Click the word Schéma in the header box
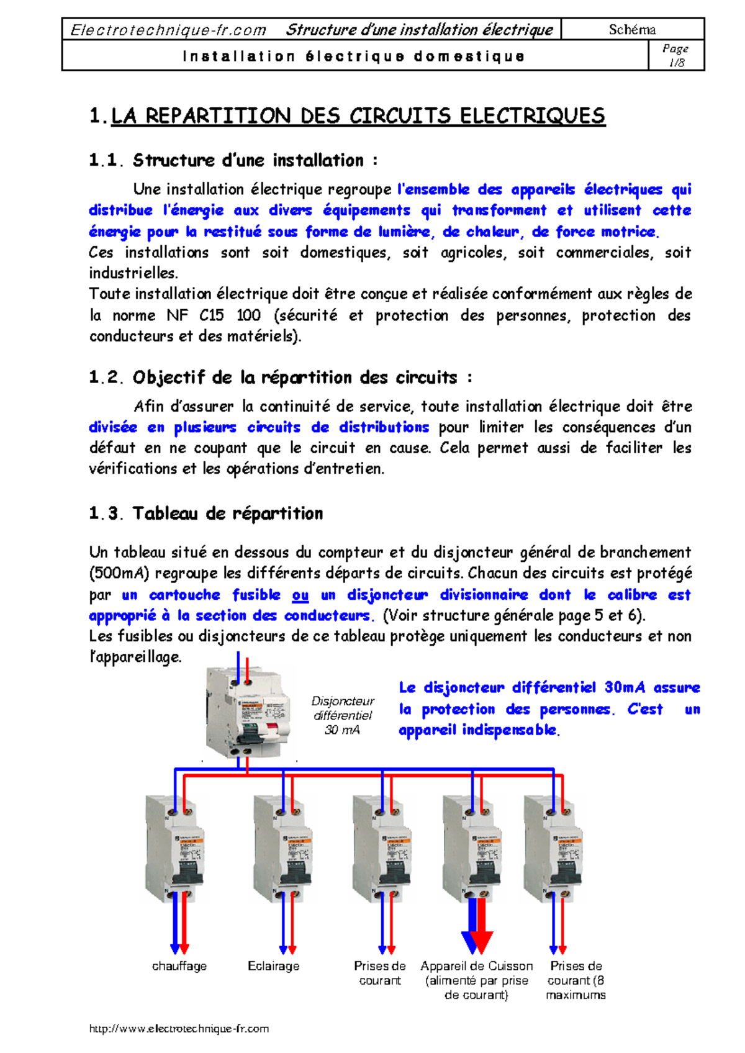(632, 29)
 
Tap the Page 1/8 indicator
(675, 55)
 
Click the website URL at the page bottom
(179, 1028)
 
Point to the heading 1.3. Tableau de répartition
(205, 513)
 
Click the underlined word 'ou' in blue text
(300, 595)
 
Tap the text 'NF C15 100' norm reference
(214, 315)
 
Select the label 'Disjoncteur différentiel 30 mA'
(343, 715)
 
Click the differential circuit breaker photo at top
(248, 712)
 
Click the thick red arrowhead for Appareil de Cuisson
(482, 941)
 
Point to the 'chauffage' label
(179, 966)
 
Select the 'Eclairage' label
(273, 966)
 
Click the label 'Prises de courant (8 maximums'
(576, 980)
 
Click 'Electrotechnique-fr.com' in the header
(168, 30)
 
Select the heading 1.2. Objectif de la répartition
(281, 377)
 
